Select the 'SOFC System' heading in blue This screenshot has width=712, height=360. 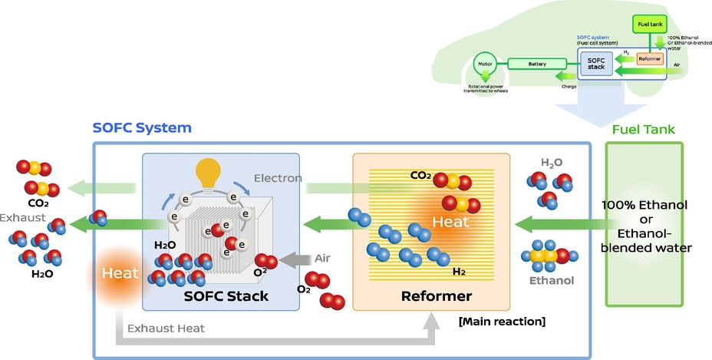(142, 128)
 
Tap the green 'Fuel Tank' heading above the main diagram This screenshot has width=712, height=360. (643, 129)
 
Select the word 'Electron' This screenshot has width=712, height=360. (279, 177)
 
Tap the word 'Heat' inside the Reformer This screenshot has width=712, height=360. (450, 220)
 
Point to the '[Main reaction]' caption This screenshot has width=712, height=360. (501, 321)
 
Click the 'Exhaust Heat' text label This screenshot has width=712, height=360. (166, 329)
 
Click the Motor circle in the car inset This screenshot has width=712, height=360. (485, 68)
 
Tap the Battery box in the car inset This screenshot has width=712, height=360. (538, 64)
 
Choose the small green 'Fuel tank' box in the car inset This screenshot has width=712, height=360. (649, 25)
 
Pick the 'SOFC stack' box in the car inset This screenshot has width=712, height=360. (595, 63)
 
